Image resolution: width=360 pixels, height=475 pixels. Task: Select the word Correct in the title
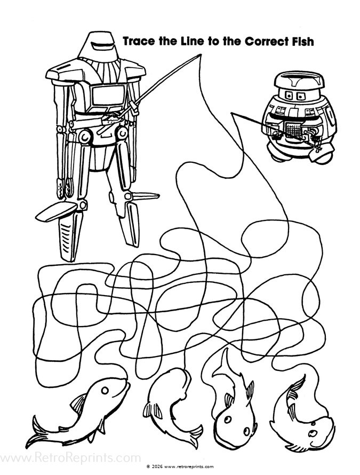tap(257, 41)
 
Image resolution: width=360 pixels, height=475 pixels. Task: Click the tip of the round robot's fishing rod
tap(233, 113)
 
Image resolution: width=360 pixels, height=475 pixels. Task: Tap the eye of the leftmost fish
tap(106, 391)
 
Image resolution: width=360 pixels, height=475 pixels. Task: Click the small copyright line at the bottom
tap(180, 466)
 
